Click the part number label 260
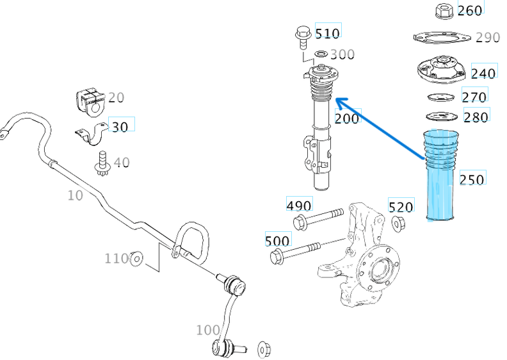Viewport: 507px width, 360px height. point(470,10)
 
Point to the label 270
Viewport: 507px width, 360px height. point(474,97)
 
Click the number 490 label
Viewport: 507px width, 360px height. point(298,205)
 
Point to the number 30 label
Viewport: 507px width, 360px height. point(120,126)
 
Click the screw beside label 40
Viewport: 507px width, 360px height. point(101,163)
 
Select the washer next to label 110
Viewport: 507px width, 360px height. point(136,259)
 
